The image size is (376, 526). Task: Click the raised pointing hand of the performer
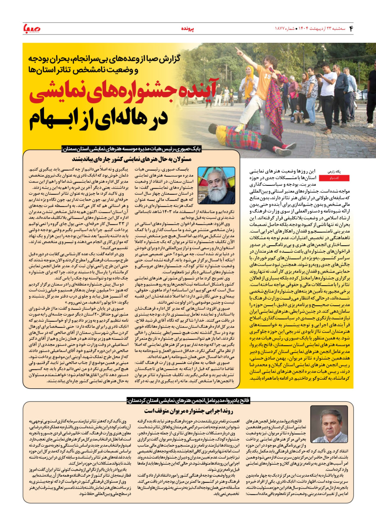point(238,51)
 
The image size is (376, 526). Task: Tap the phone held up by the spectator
point(318,75)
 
